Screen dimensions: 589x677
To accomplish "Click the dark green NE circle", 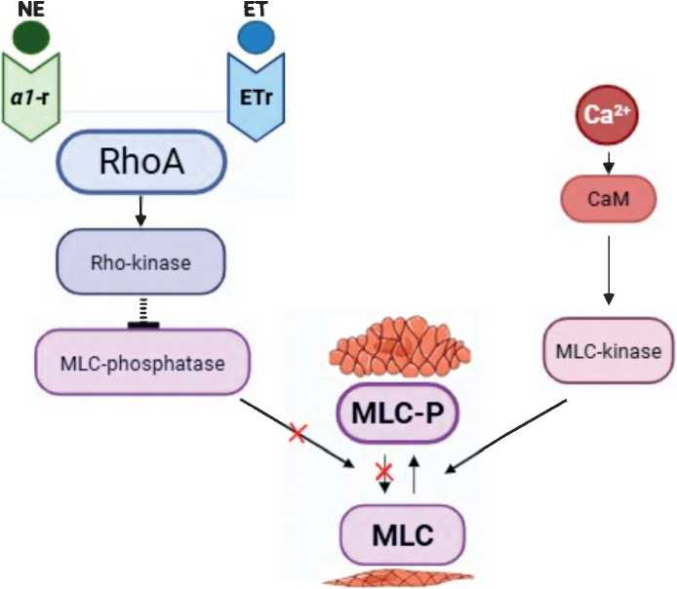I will click(x=34, y=36).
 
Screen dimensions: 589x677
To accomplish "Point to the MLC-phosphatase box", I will click(x=142, y=363).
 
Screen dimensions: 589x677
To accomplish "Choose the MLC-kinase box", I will click(x=607, y=350).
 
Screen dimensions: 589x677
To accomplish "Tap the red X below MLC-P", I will click(x=385, y=473).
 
